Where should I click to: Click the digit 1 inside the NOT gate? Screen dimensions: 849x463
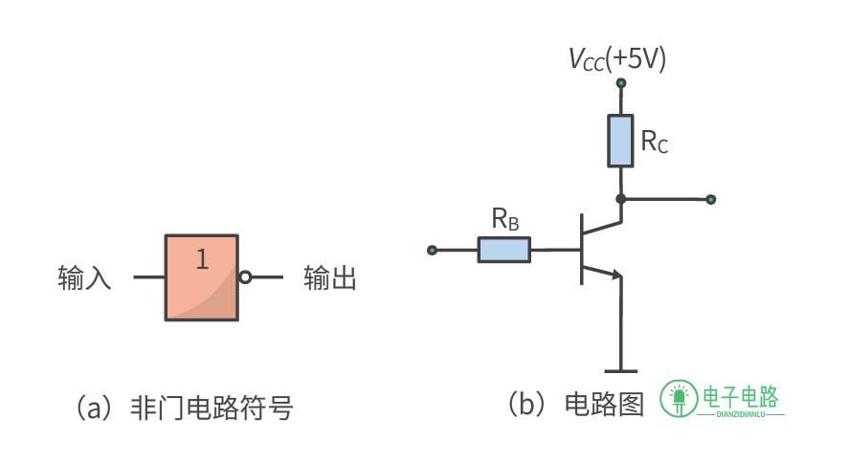coord(203,259)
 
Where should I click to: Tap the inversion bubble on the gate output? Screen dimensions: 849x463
coord(245,277)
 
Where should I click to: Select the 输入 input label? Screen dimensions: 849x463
coord(84,278)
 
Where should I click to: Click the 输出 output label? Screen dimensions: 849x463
coord(330,278)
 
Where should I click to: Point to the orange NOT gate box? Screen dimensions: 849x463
coord(201,277)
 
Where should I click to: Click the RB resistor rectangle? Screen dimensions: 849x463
coord(504,250)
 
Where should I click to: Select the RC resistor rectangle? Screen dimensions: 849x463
coord(620,141)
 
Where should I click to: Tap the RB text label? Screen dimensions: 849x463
coord(505,219)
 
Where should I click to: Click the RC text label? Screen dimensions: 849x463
coord(654,142)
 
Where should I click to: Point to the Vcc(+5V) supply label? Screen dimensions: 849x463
coord(617,59)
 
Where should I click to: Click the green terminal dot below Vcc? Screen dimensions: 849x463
coord(621,83)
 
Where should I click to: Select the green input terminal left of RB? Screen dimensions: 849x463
coord(432,250)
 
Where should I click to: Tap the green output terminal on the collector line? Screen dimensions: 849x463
coord(711,200)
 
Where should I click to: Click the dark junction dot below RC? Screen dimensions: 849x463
coord(621,199)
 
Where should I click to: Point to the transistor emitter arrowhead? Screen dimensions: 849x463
coord(616,275)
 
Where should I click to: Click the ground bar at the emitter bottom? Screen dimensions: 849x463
coord(621,371)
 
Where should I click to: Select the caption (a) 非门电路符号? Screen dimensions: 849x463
coord(184,408)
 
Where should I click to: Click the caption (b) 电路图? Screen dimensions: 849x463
coord(575,404)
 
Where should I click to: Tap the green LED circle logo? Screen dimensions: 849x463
coord(679,399)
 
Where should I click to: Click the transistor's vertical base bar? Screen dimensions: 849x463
coord(582,249)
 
